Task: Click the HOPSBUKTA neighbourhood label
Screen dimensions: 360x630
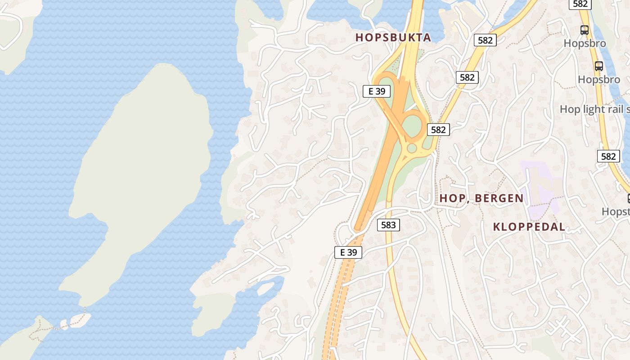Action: click(x=393, y=37)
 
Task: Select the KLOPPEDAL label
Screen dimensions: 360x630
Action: click(x=529, y=227)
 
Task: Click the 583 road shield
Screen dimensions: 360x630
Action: click(x=388, y=225)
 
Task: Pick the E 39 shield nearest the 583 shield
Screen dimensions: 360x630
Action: click(x=348, y=252)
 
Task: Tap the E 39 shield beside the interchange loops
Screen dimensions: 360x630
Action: click(x=377, y=91)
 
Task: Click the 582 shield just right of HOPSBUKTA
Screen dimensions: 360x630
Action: click(x=485, y=40)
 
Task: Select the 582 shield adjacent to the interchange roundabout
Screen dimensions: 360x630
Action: click(x=438, y=130)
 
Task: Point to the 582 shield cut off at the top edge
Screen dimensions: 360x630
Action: click(x=580, y=4)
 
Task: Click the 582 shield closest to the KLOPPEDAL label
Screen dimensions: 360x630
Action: click(x=608, y=156)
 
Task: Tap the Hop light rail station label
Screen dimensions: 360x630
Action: click(x=594, y=109)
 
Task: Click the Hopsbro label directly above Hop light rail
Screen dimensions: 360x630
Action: click(x=599, y=80)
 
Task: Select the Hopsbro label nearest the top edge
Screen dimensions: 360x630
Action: click(x=585, y=44)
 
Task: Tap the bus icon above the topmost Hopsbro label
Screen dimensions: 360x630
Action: click(x=585, y=30)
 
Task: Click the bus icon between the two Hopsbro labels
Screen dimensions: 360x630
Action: click(x=599, y=66)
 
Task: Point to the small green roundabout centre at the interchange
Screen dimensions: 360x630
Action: click(x=412, y=148)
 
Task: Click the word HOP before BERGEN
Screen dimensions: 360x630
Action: click(x=451, y=198)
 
